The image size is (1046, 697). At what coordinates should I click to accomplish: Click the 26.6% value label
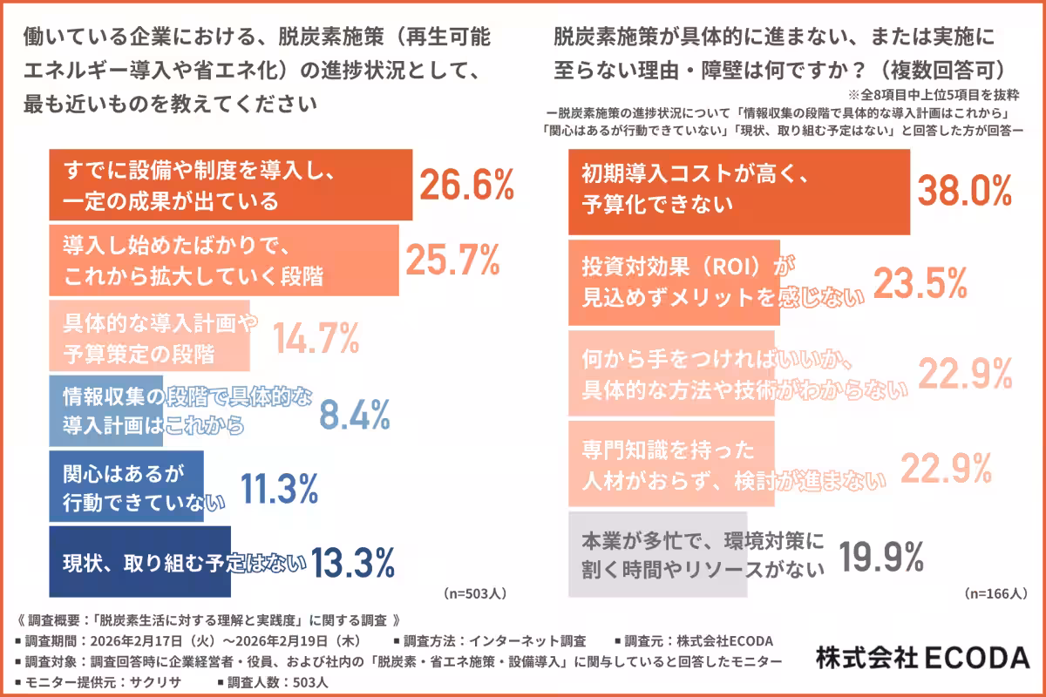click(467, 185)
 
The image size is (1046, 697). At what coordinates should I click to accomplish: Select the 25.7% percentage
click(453, 260)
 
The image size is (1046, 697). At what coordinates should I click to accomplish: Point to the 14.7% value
click(316, 338)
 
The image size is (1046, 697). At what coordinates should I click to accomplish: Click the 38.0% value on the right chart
click(966, 190)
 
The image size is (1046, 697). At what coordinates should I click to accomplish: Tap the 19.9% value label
click(881, 555)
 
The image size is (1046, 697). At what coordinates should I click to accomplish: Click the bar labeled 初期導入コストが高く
click(738, 192)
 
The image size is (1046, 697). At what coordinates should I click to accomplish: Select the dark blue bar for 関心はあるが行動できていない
click(126, 487)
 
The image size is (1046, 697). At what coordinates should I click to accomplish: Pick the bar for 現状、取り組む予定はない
click(139, 561)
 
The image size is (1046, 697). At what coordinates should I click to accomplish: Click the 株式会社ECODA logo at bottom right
click(922, 658)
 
